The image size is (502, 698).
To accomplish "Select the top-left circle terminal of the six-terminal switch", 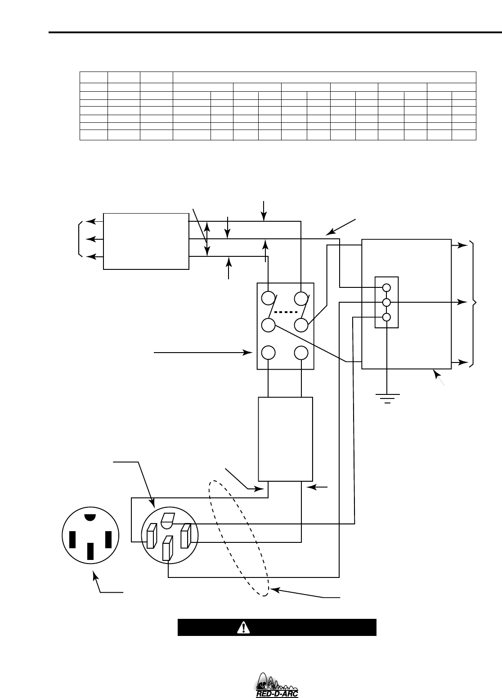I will coord(269,298).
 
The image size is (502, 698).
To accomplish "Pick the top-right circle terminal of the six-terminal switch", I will coord(301,298).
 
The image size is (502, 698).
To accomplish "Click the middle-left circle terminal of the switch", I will coord(269,325).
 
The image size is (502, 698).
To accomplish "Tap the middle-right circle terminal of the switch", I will coord(301,325).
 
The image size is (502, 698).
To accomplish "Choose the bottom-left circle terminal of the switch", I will coord(269,352).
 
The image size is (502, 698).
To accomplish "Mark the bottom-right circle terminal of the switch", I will coord(301,352).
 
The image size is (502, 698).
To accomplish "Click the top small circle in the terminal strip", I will coord(386,287).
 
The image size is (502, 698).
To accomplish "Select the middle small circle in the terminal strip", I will coord(386,302).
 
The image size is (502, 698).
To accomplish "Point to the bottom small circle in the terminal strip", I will coord(386,317).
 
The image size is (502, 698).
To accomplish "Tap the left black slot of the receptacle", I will coord(72,539).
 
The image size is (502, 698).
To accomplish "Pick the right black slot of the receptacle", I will coord(108,539).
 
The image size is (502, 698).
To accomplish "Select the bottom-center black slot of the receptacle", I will coord(91,551).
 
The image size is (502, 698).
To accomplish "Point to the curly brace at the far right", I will coord(474,304).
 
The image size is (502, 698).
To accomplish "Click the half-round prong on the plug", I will coord(167,521).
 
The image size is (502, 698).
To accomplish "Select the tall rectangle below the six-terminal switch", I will coord(285,439).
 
